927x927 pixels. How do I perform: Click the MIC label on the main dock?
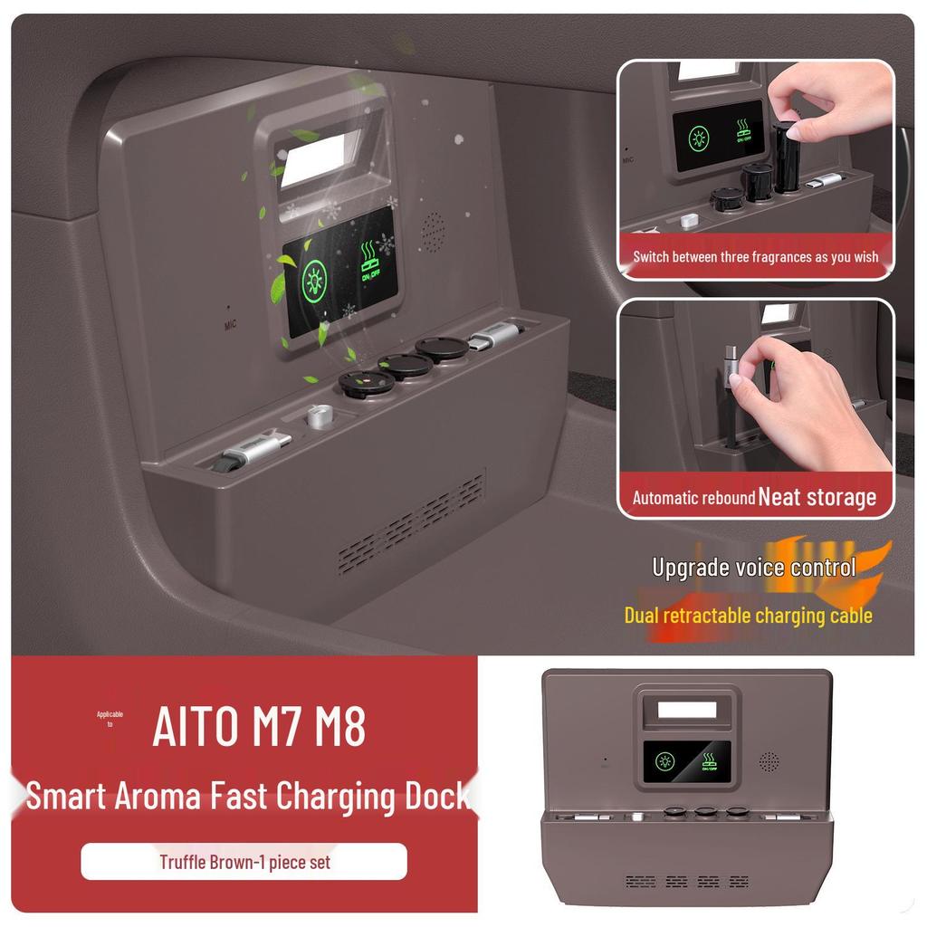click(231, 323)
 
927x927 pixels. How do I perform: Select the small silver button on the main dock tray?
click(316, 416)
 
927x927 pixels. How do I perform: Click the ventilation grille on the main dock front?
click(413, 525)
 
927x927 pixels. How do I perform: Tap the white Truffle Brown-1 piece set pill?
click(244, 862)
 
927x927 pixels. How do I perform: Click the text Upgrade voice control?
click(753, 569)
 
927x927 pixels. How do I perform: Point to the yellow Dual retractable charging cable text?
click(748, 616)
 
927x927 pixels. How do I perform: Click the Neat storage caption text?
click(817, 497)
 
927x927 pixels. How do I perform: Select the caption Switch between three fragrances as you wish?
click(755, 257)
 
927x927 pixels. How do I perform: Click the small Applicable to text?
click(110, 719)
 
